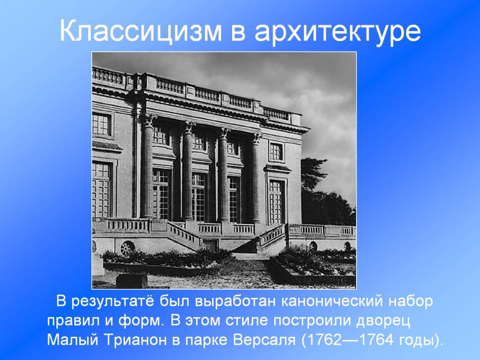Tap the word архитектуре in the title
coord(337,33)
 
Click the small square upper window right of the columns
coord(276,151)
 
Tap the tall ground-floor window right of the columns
coord(276,201)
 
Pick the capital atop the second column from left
coord(189,127)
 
